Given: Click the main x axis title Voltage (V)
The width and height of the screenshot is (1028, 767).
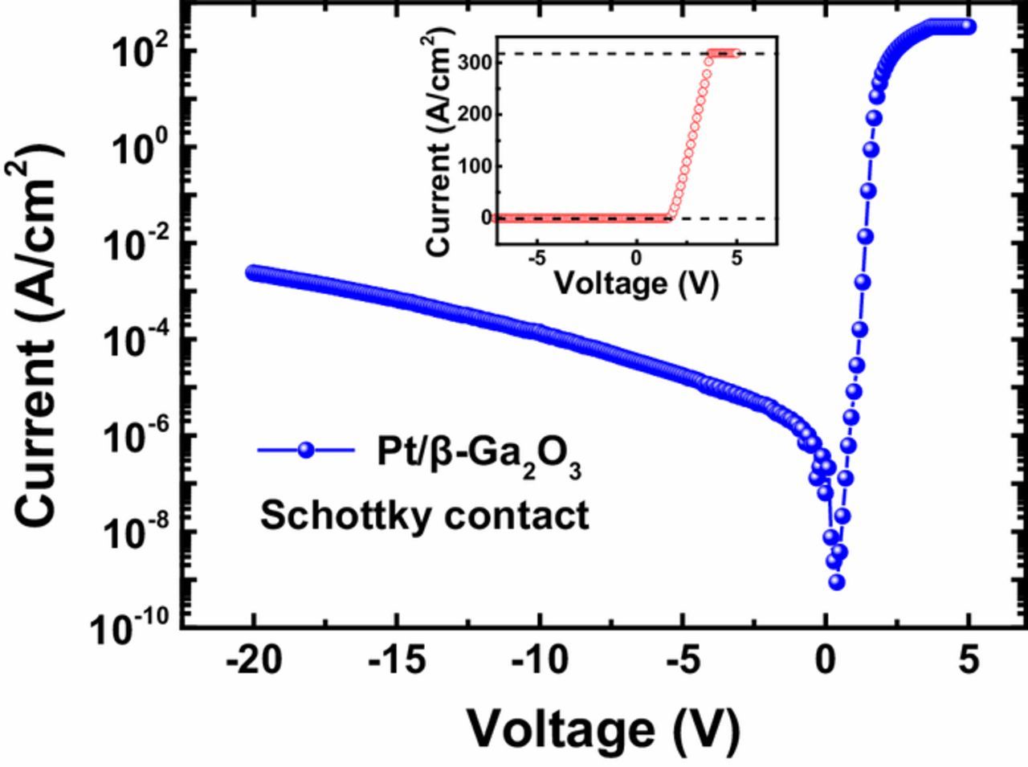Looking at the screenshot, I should point(602,728).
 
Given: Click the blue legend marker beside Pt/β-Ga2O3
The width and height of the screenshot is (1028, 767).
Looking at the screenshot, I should point(305,450).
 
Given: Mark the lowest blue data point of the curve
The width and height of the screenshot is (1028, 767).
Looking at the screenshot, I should point(836,581).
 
